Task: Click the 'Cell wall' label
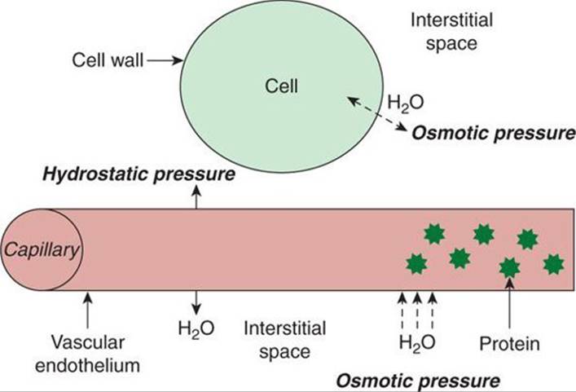[x=108, y=59]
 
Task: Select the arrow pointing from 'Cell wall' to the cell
[x=165, y=60]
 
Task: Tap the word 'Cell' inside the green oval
[x=281, y=86]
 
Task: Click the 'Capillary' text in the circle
[x=42, y=251]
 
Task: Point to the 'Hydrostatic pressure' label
[x=139, y=174]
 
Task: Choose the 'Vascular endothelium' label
[x=87, y=355]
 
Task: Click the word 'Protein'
[x=509, y=344]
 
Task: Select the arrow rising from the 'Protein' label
[x=509, y=303]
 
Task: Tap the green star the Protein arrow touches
[x=509, y=268]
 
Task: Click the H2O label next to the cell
[x=406, y=103]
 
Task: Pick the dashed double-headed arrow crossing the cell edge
[x=377, y=113]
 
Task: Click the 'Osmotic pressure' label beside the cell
[x=494, y=133]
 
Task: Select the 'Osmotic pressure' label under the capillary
[x=418, y=381]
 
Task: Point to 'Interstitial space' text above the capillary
[x=451, y=31]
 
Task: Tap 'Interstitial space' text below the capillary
[x=285, y=340]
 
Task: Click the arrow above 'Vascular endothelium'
[x=87, y=310]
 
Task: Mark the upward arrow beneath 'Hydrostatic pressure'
[x=196, y=196]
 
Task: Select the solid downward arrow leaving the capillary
[x=196, y=303]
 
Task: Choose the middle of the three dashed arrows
[x=417, y=311]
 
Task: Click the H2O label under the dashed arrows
[x=417, y=343]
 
